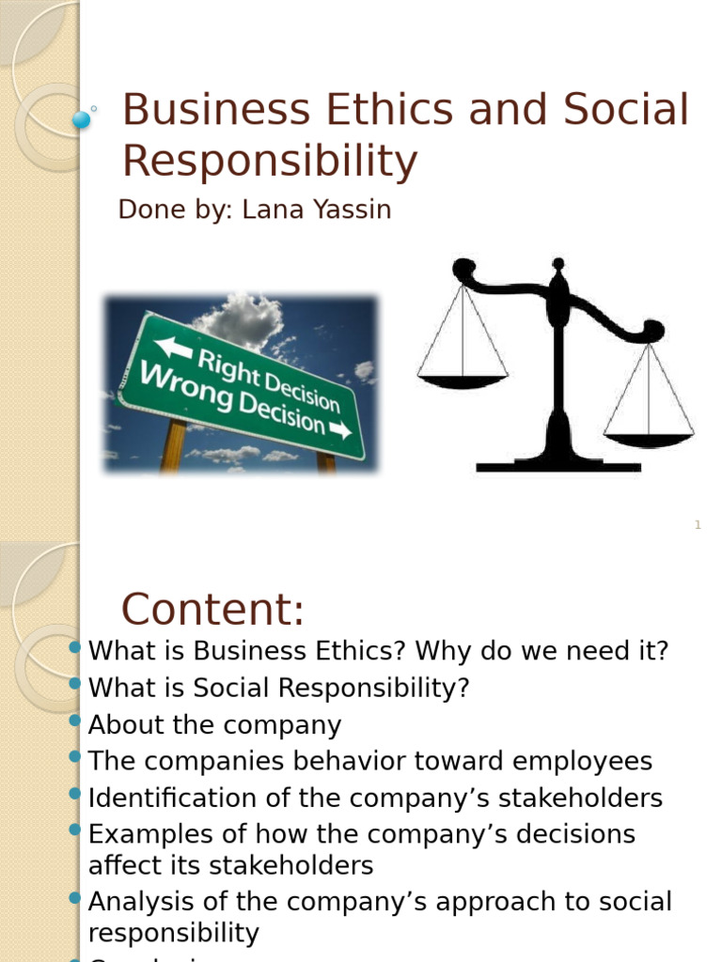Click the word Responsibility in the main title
point(269,162)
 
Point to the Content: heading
point(213,610)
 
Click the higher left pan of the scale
point(463,380)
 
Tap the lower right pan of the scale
point(649,439)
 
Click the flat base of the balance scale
point(557,465)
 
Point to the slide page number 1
point(698,525)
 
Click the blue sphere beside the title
point(82,119)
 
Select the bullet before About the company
point(76,721)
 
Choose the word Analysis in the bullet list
point(133,903)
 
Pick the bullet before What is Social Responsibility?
point(76,684)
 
